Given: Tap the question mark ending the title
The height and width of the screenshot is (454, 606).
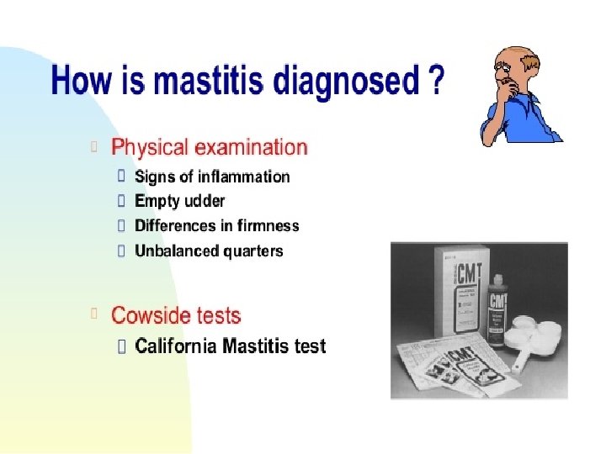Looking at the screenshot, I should click(433, 82).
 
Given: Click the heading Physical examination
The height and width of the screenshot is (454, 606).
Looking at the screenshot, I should click(210, 148).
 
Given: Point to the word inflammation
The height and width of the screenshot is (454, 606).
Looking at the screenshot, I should click(244, 177).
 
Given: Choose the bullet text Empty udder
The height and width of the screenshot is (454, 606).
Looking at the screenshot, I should click(179, 202).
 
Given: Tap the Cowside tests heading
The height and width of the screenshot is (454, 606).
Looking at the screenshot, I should click(176, 316).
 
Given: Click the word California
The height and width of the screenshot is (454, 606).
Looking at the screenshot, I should click(175, 346).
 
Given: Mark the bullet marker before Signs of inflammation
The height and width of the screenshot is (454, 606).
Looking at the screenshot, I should click(121, 177).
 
